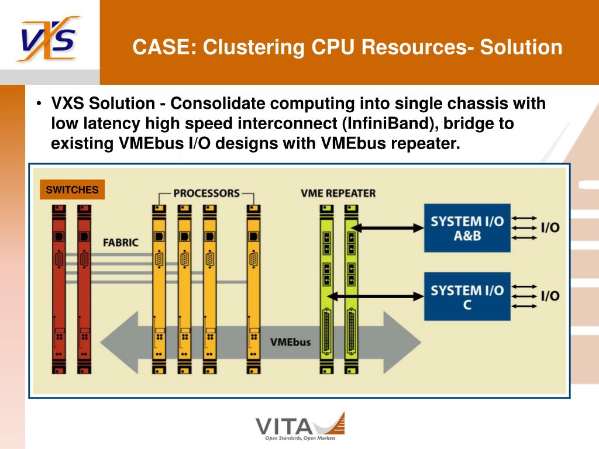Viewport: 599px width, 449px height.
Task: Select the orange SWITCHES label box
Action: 72,189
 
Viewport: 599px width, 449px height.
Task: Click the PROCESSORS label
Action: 206,193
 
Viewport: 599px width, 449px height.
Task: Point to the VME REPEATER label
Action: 338,193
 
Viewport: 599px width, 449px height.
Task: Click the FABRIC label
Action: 121,243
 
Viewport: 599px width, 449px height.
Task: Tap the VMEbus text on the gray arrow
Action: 290,342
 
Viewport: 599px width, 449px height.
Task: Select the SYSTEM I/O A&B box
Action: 467,228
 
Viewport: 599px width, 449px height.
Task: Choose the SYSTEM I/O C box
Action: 467,296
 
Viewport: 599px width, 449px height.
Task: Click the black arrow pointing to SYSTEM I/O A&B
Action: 387,229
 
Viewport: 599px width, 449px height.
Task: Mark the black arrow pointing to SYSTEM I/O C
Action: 376,296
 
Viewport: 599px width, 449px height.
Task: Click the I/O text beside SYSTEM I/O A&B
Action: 550,227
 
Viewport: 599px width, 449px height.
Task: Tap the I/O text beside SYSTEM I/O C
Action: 550,296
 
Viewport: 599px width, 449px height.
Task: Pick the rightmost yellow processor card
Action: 253,289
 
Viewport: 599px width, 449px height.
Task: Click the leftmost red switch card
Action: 59,289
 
